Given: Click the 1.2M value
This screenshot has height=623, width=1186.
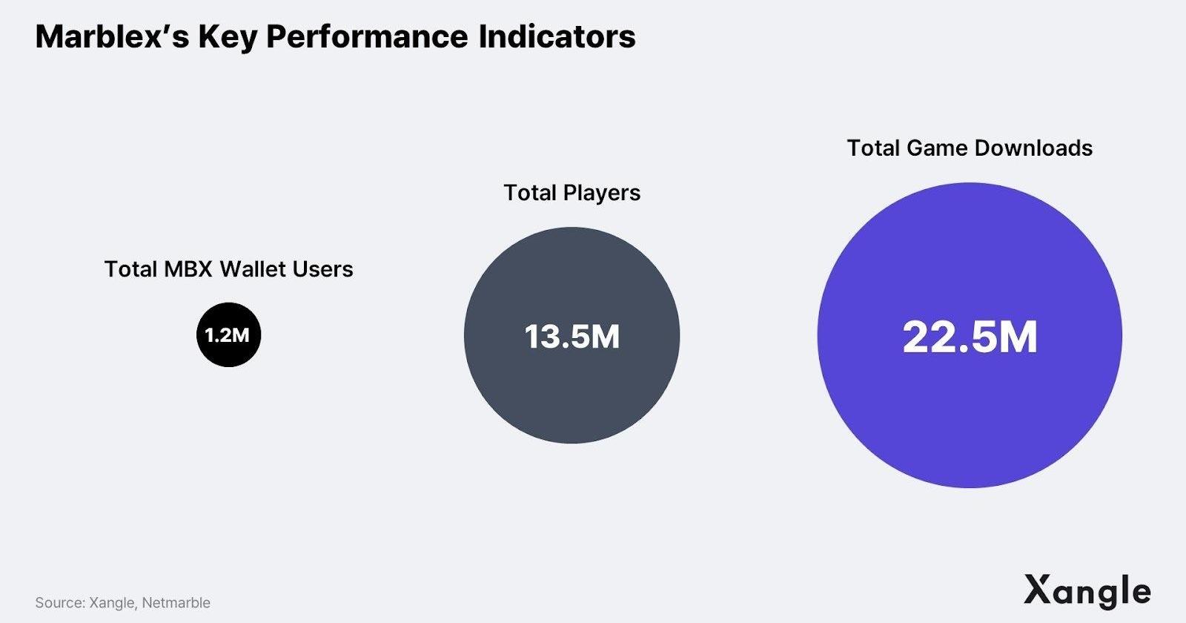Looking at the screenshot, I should click(228, 335).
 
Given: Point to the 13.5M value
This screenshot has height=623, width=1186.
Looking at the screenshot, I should click(572, 337).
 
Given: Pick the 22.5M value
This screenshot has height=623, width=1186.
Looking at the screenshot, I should click(970, 337).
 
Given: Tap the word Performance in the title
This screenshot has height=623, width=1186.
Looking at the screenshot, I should click(367, 37).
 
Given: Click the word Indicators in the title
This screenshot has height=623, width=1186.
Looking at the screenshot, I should click(557, 37).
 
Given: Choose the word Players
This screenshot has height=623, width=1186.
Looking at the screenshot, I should click(602, 193).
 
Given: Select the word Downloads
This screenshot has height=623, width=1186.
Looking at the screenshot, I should click(1033, 148).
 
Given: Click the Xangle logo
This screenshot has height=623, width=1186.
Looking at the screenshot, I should click(1087, 592).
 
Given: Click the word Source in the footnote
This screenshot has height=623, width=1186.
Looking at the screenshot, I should click(59, 603).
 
